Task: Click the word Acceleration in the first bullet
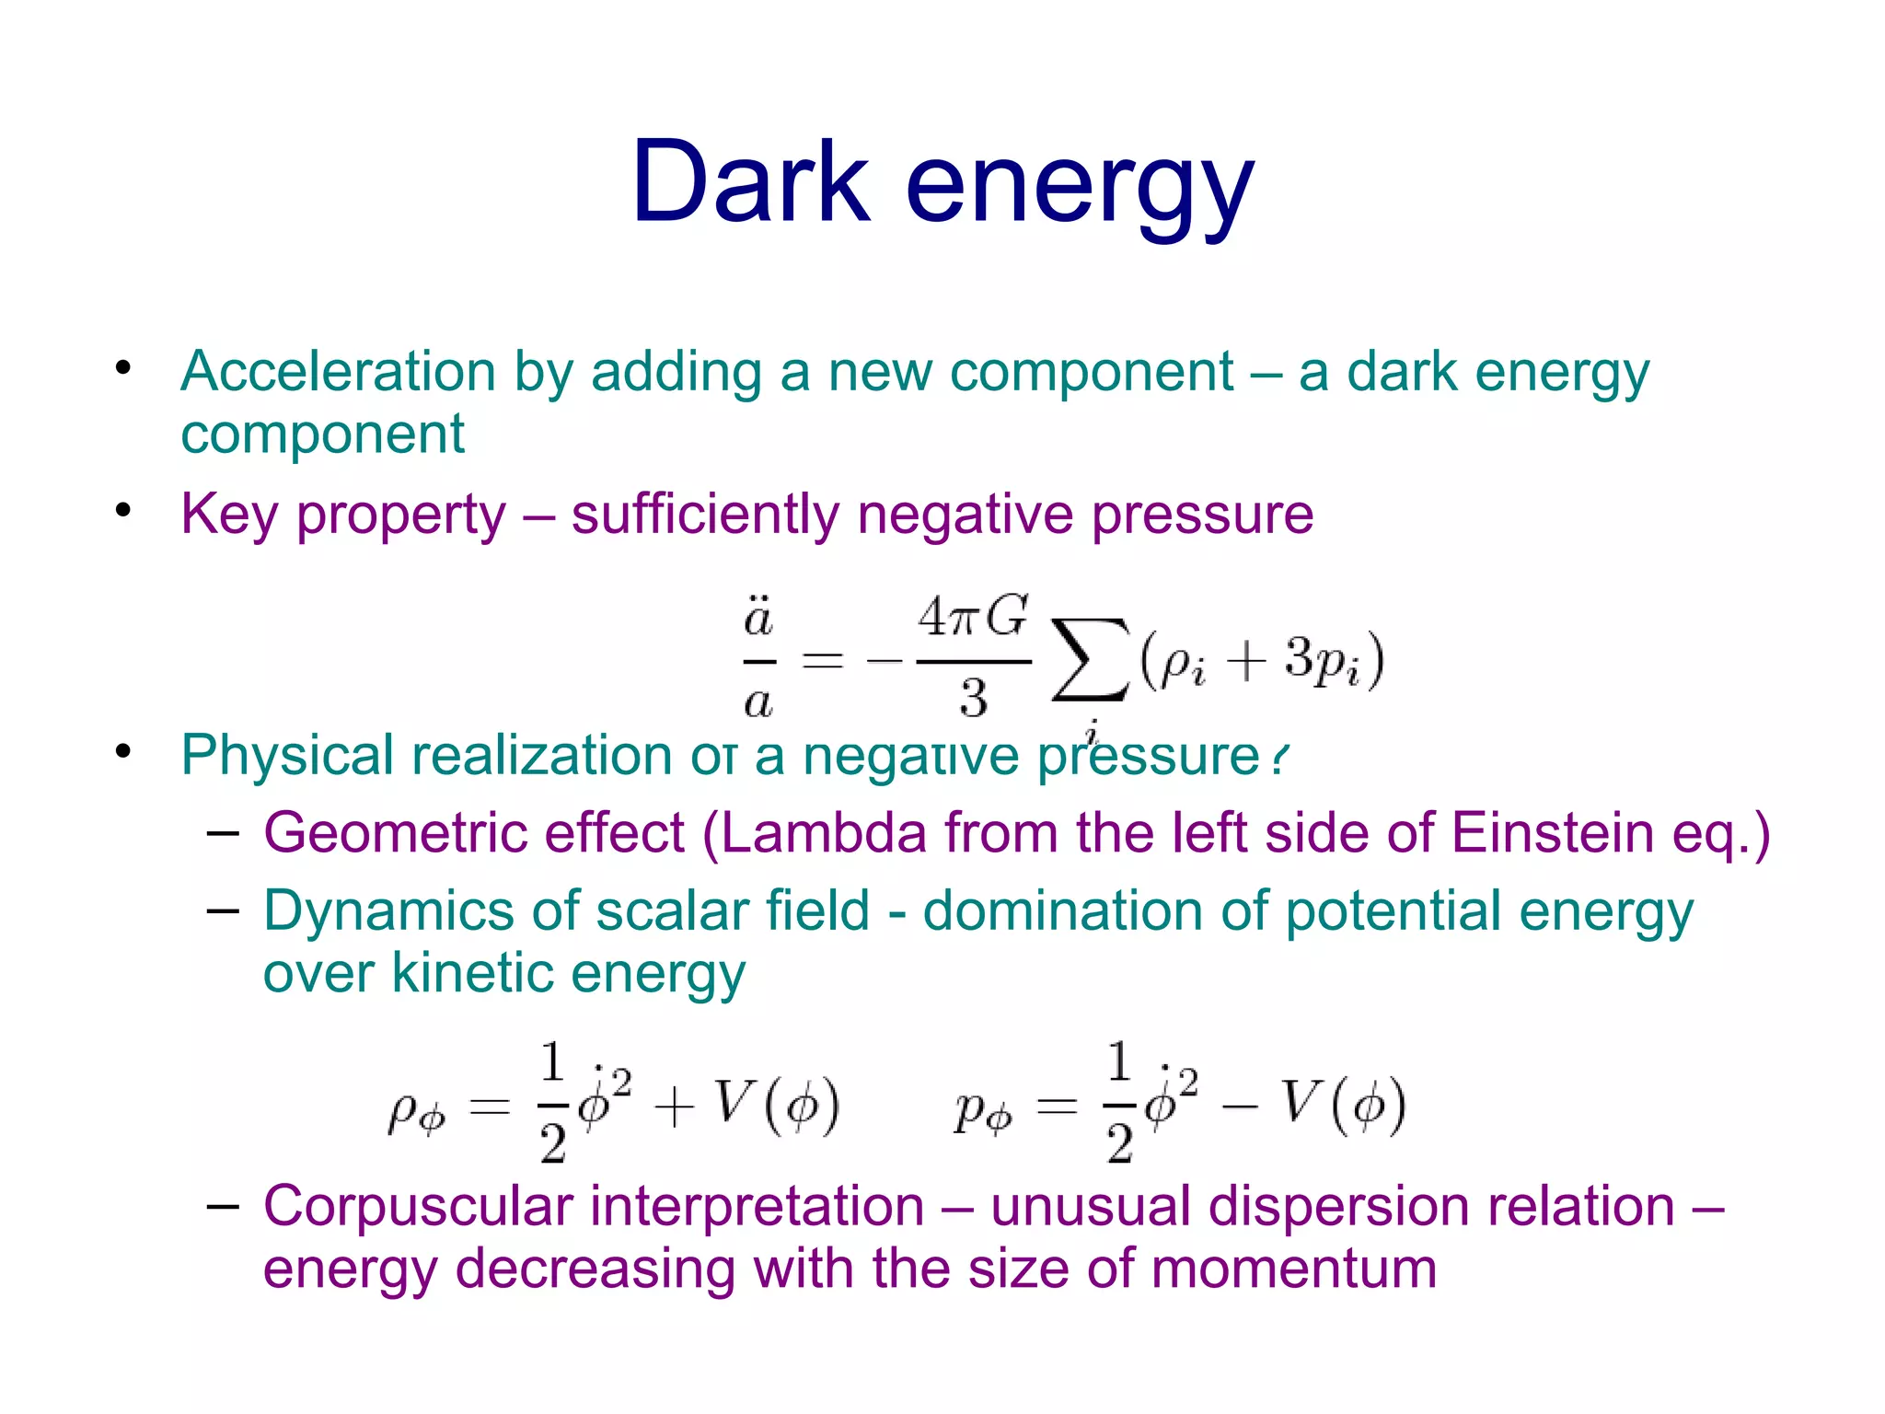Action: [338, 372]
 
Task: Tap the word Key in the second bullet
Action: [229, 514]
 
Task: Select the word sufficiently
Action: [704, 514]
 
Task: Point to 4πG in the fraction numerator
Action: [973, 617]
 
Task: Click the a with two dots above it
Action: [758, 617]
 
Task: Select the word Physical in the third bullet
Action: [287, 756]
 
